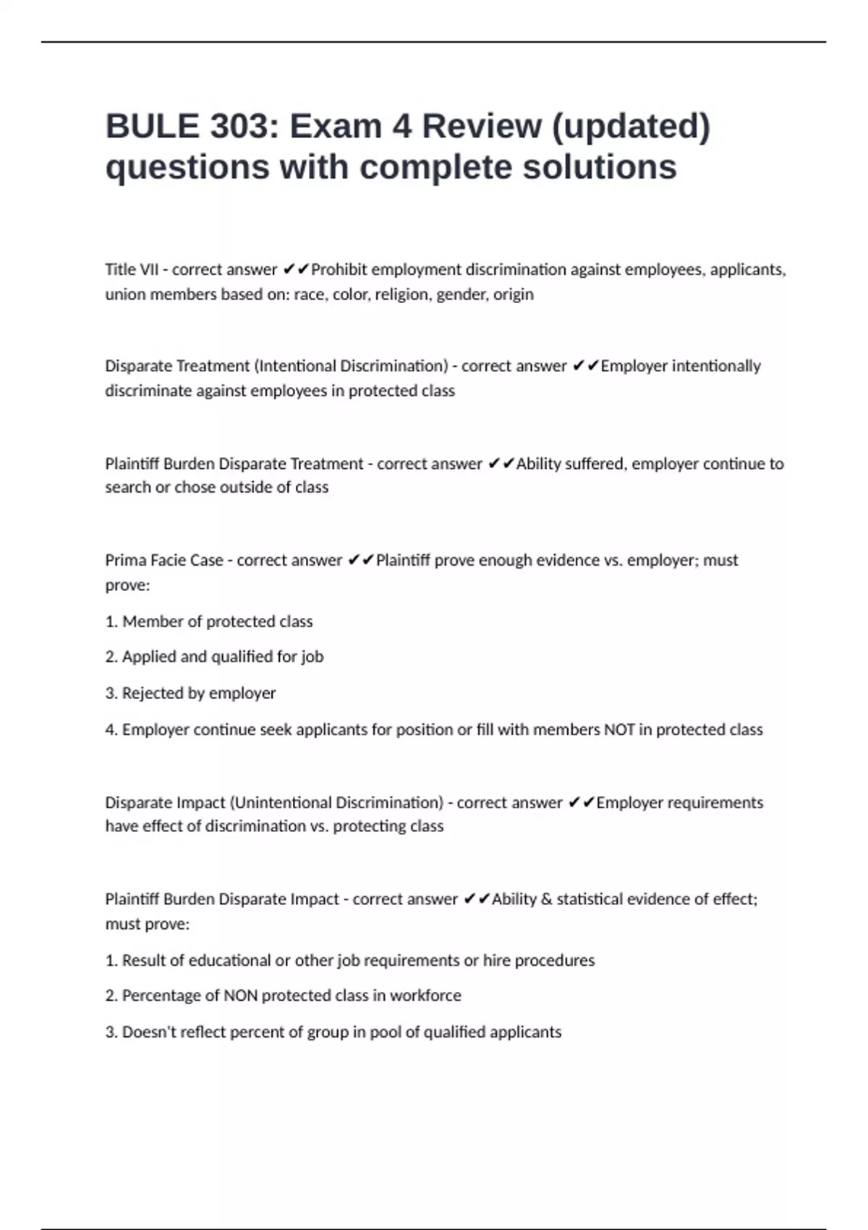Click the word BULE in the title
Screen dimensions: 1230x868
(152, 127)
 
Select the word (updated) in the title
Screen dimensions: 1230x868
(631, 127)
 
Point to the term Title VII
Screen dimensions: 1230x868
(131, 270)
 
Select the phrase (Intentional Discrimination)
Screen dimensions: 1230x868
(351, 366)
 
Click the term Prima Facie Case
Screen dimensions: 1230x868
(164, 560)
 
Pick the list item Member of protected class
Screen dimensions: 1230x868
(217, 622)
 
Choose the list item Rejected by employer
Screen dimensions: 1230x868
(199, 693)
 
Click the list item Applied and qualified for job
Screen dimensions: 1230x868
(222, 657)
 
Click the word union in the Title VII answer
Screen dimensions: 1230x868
(124, 294)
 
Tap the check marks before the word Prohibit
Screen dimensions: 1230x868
(296, 270)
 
